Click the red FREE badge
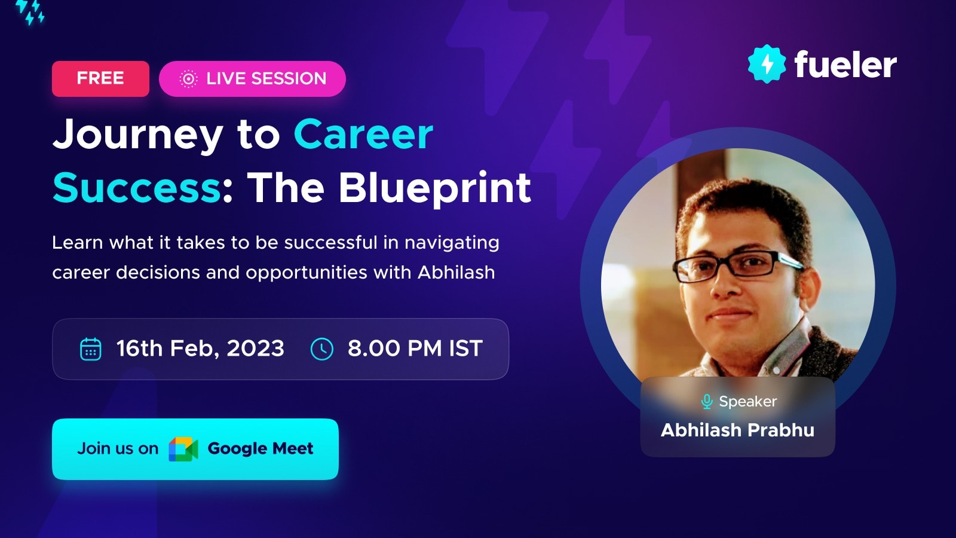tap(101, 78)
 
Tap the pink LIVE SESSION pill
tap(252, 78)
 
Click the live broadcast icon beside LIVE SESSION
tap(188, 79)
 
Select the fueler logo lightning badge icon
tap(767, 64)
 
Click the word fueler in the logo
tap(845, 65)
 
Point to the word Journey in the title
tap(137, 135)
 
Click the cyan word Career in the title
tap(363, 134)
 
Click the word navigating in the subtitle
tap(452, 243)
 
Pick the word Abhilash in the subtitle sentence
tap(456, 272)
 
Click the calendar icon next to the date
tap(91, 349)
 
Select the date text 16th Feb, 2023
tap(200, 349)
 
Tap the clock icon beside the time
tap(322, 349)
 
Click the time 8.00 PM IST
tap(415, 349)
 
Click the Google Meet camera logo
tap(183, 449)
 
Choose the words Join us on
tap(118, 449)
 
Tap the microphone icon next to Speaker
tap(707, 402)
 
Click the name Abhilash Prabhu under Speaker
tap(737, 430)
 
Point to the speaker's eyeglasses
tap(737, 265)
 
